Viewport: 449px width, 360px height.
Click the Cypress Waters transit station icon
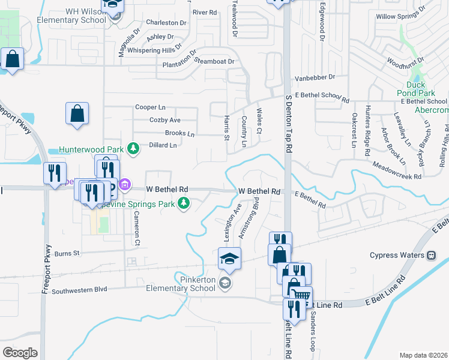tap(431, 254)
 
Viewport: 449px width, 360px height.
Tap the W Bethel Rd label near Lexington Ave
tap(260, 191)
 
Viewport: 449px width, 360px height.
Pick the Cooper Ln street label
tap(150, 107)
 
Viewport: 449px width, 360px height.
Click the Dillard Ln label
tap(163, 145)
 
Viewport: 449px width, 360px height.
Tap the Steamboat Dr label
tap(214, 61)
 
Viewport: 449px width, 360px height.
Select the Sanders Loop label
tap(312, 331)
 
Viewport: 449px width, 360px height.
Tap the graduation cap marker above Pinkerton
tap(229, 259)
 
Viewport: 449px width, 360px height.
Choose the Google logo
tap(20, 352)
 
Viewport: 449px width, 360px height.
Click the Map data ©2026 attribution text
tap(424, 355)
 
